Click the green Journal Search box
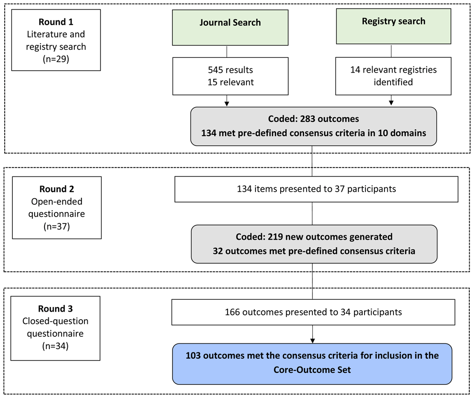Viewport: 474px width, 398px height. [x=230, y=28]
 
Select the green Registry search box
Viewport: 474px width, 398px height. [x=393, y=26]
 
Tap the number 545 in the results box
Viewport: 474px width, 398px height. [x=215, y=70]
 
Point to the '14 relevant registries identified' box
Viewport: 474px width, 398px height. [x=393, y=76]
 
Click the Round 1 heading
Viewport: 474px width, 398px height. [x=56, y=22]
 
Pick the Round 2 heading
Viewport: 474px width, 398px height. [x=57, y=189]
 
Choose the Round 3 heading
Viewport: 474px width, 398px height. [x=55, y=309]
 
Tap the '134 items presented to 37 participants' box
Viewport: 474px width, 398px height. [x=317, y=189]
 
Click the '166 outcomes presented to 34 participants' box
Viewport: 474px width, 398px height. [x=313, y=313]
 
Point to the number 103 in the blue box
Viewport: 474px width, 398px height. [x=193, y=356]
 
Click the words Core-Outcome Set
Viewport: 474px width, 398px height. [x=312, y=370]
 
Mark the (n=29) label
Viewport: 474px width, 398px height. [x=56, y=59]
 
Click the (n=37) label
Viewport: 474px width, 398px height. [x=57, y=227]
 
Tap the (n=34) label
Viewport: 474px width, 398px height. [x=55, y=346]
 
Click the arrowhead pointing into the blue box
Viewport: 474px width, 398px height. [x=312, y=341]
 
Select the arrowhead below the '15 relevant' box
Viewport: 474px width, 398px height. [x=227, y=104]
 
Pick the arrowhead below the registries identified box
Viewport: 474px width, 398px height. [x=391, y=103]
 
